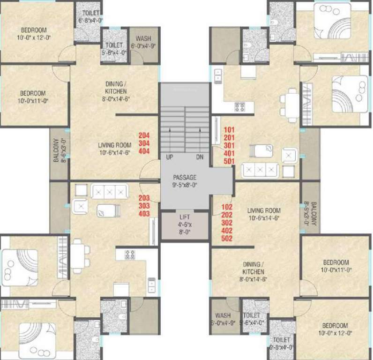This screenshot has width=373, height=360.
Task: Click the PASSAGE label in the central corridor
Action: coord(184,177)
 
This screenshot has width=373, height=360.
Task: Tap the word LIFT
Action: coord(185,217)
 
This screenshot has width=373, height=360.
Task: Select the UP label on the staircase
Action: coord(169,157)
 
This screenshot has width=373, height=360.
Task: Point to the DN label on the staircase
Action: coord(200,157)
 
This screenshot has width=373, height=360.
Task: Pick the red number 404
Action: coord(144,152)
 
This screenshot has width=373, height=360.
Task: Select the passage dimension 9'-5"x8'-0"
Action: coord(184,185)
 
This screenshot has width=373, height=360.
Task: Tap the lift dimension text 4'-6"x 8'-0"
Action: coord(185,228)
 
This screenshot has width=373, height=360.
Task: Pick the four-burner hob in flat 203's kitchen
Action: coord(130,254)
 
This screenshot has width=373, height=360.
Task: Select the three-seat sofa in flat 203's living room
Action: coord(109,191)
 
